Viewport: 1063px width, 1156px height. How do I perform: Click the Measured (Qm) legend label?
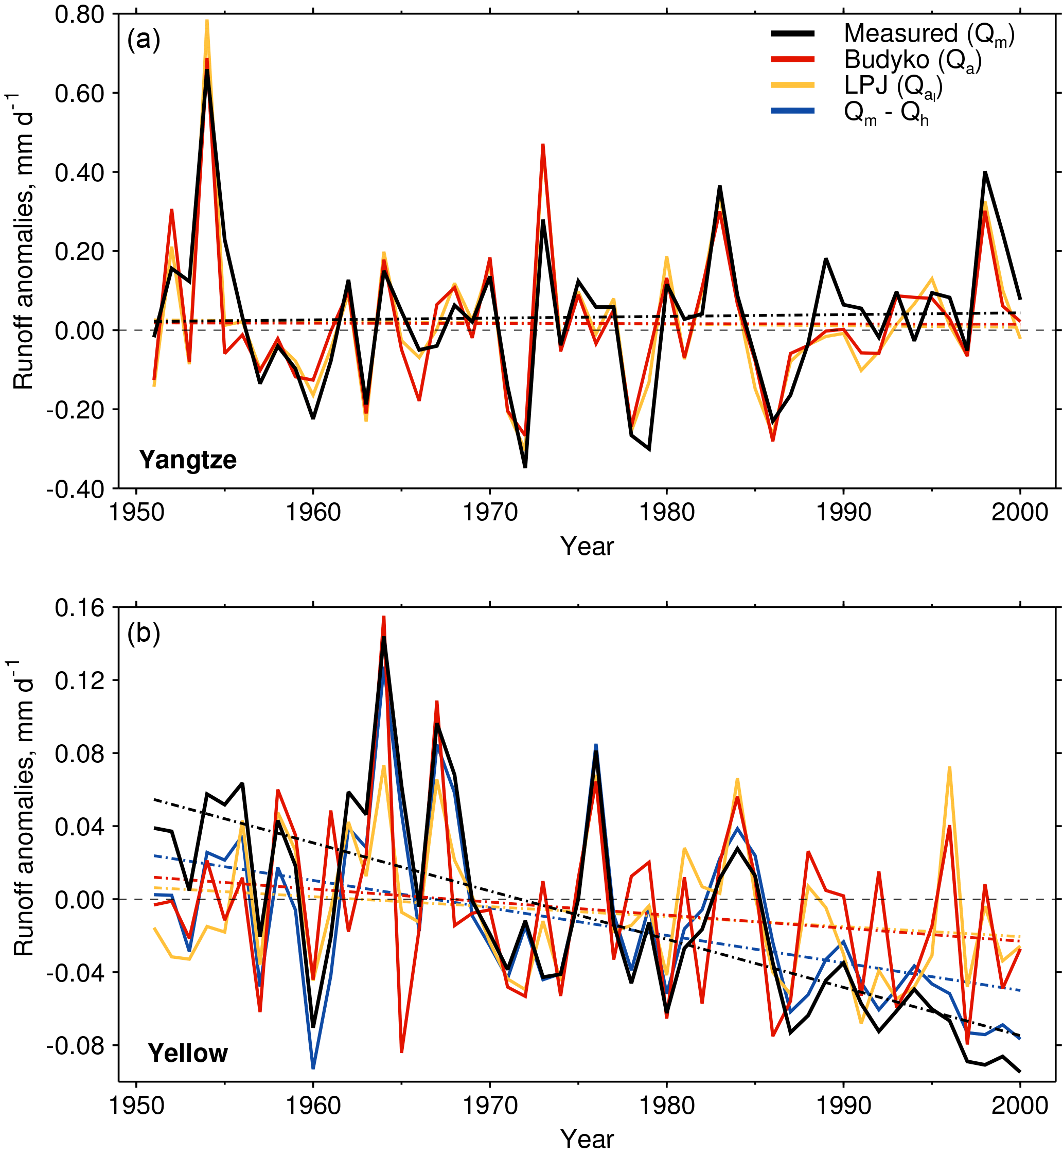tap(928, 34)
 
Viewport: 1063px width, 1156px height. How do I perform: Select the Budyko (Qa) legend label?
tap(912, 60)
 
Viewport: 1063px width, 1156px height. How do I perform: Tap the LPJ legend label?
tap(893, 86)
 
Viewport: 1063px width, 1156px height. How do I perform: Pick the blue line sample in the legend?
tap(793, 111)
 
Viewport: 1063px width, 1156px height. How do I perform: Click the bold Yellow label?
tap(188, 1053)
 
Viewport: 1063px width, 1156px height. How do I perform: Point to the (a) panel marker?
tap(143, 40)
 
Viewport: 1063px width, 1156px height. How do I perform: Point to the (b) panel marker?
tap(143, 633)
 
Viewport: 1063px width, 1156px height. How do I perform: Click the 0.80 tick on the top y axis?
tap(79, 14)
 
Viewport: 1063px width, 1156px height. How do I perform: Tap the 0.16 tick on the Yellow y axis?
tap(79, 608)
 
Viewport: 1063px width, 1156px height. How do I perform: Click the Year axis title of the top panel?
tap(587, 547)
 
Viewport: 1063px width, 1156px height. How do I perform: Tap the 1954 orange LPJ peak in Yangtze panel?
tap(207, 21)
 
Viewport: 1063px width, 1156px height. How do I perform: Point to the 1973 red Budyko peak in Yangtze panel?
tap(542, 145)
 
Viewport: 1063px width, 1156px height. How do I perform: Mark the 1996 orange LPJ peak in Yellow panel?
tap(949, 767)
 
